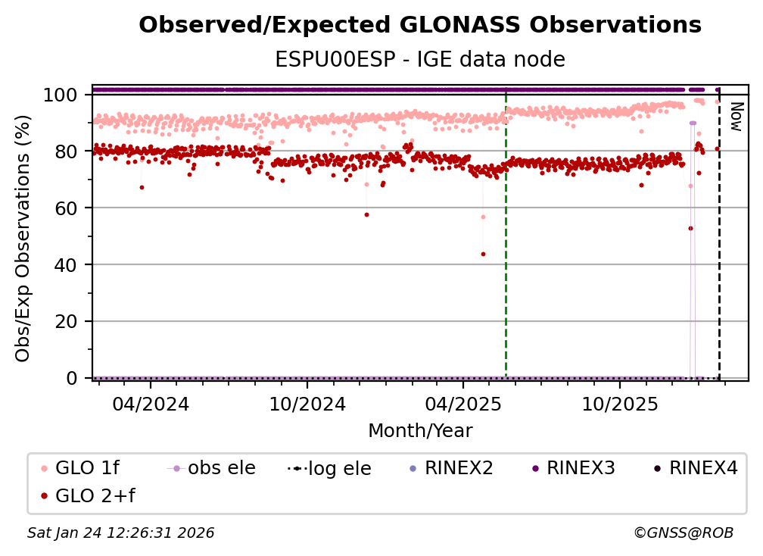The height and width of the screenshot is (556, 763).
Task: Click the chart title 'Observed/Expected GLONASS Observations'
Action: [420, 25]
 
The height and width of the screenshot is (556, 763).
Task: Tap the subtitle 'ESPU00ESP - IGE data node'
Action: [420, 60]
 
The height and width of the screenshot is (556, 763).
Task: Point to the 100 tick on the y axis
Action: [60, 95]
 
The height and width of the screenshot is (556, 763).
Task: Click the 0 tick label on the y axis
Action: [72, 378]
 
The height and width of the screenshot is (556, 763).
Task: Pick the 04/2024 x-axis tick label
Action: [150, 405]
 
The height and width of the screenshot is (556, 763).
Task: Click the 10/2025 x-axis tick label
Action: [618, 405]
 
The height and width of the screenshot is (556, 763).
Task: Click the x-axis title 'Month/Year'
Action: [420, 431]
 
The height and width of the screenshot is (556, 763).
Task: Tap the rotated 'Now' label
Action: [733, 117]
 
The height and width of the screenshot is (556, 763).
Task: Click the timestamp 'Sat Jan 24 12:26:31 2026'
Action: [121, 533]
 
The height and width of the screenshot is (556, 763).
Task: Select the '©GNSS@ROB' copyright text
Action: [684, 533]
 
